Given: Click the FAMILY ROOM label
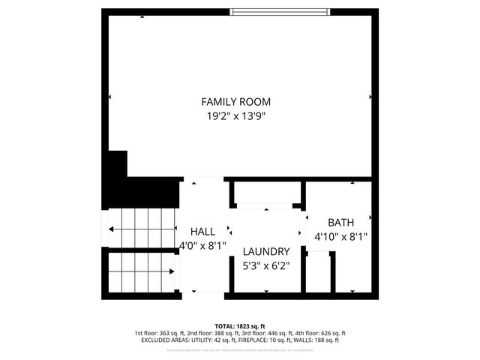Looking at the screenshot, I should [x=235, y=101].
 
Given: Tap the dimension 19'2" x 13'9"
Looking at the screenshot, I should [x=235, y=116].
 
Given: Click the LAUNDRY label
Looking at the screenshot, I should [x=265, y=251].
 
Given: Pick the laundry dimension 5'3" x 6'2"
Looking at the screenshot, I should [x=265, y=265].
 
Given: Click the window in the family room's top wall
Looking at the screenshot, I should [x=278, y=11].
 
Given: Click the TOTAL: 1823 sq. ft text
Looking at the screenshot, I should [x=240, y=325].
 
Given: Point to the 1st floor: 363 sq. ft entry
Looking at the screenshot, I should [x=160, y=333].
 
